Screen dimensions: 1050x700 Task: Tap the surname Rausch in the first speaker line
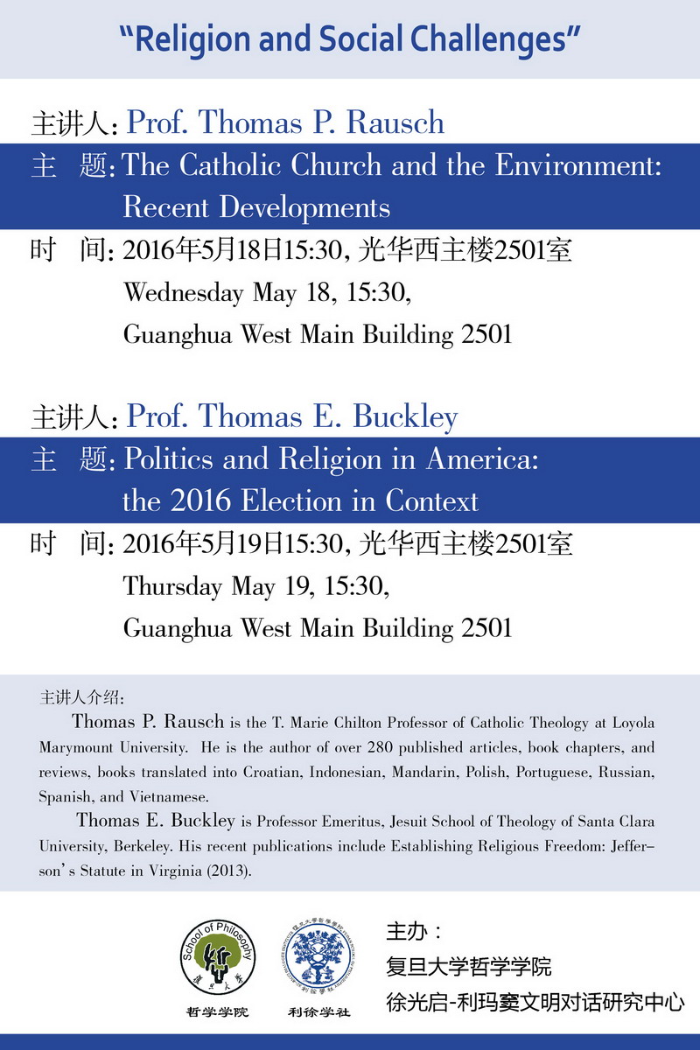(396, 122)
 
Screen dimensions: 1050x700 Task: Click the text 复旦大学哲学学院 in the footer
(469, 966)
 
